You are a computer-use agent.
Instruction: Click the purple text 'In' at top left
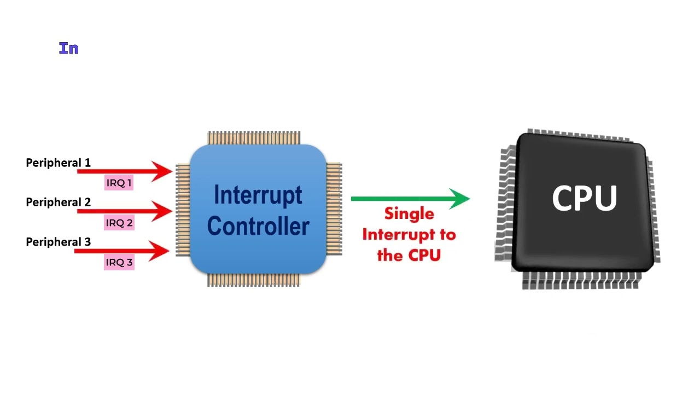(68, 49)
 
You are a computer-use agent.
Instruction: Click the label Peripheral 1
(58, 163)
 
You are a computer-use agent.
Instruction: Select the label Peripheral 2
(58, 202)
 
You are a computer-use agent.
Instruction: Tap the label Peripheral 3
(58, 242)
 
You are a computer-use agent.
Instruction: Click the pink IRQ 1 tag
(119, 183)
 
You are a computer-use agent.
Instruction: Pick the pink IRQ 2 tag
(119, 223)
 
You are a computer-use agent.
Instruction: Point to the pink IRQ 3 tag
(119, 262)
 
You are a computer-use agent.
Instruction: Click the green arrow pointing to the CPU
(410, 199)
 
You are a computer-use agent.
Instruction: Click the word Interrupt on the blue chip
(258, 195)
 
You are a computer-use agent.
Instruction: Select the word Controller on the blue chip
(258, 225)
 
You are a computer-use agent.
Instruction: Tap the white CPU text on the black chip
(584, 198)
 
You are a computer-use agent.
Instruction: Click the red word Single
(409, 214)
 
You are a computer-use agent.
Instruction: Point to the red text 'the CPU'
(409, 256)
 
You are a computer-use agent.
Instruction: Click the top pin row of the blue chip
(254, 137)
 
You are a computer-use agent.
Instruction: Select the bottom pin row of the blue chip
(254, 280)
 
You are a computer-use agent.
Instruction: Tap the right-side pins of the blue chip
(334, 208)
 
